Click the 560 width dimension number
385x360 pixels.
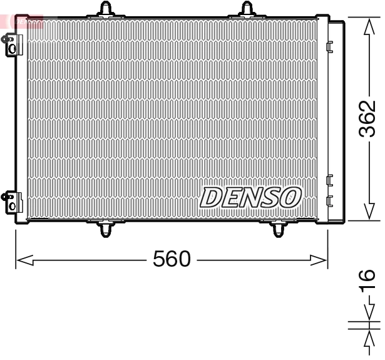tap(172, 259)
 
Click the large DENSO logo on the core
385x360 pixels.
tap(250, 198)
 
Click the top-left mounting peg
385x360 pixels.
tap(108, 8)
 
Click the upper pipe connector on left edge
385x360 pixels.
tap(11, 44)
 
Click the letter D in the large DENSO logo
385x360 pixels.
tap(210, 198)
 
